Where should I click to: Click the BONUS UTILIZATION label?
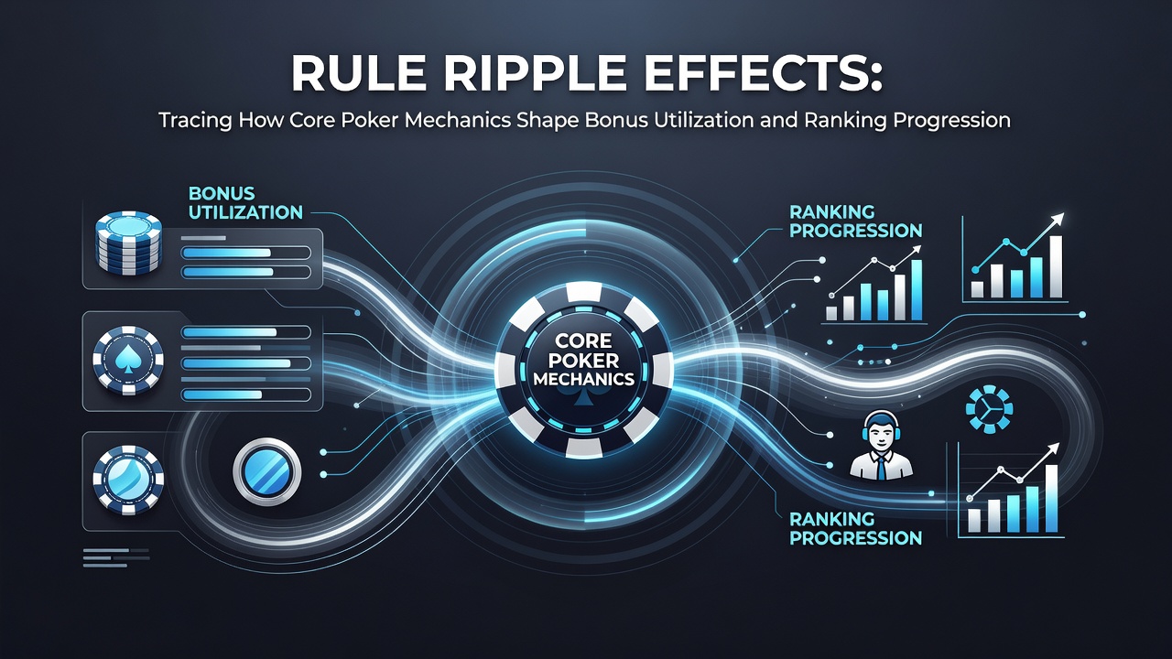pos(245,203)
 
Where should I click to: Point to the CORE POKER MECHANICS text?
pos(583,360)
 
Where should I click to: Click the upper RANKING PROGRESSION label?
pos(855,221)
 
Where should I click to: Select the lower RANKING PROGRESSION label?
pos(855,528)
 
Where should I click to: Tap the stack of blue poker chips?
pos(129,242)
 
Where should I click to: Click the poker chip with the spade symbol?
pos(128,361)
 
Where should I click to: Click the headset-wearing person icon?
pos(881,445)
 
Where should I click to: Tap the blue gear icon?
pos(989,409)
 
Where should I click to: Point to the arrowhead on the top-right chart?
pos(1058,219)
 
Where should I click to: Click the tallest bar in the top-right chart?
pos(1056,266)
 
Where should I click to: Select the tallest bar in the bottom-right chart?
pos(1050,498)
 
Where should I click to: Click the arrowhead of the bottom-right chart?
pos(1053,448)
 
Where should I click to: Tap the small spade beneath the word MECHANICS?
pos(583,397)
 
